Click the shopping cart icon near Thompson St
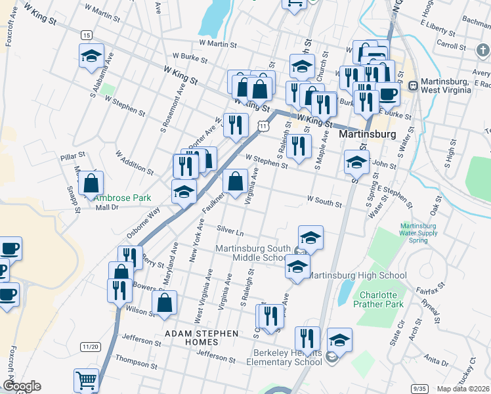(x=87, y=380)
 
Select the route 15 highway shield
(x=87, y=34)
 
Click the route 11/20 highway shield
(x=91, y=346)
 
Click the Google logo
(x=22, y=386)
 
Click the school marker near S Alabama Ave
(x=91, y=56)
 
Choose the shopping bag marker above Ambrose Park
(x=91, y=183)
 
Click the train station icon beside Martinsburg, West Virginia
(x=414, y=85)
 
